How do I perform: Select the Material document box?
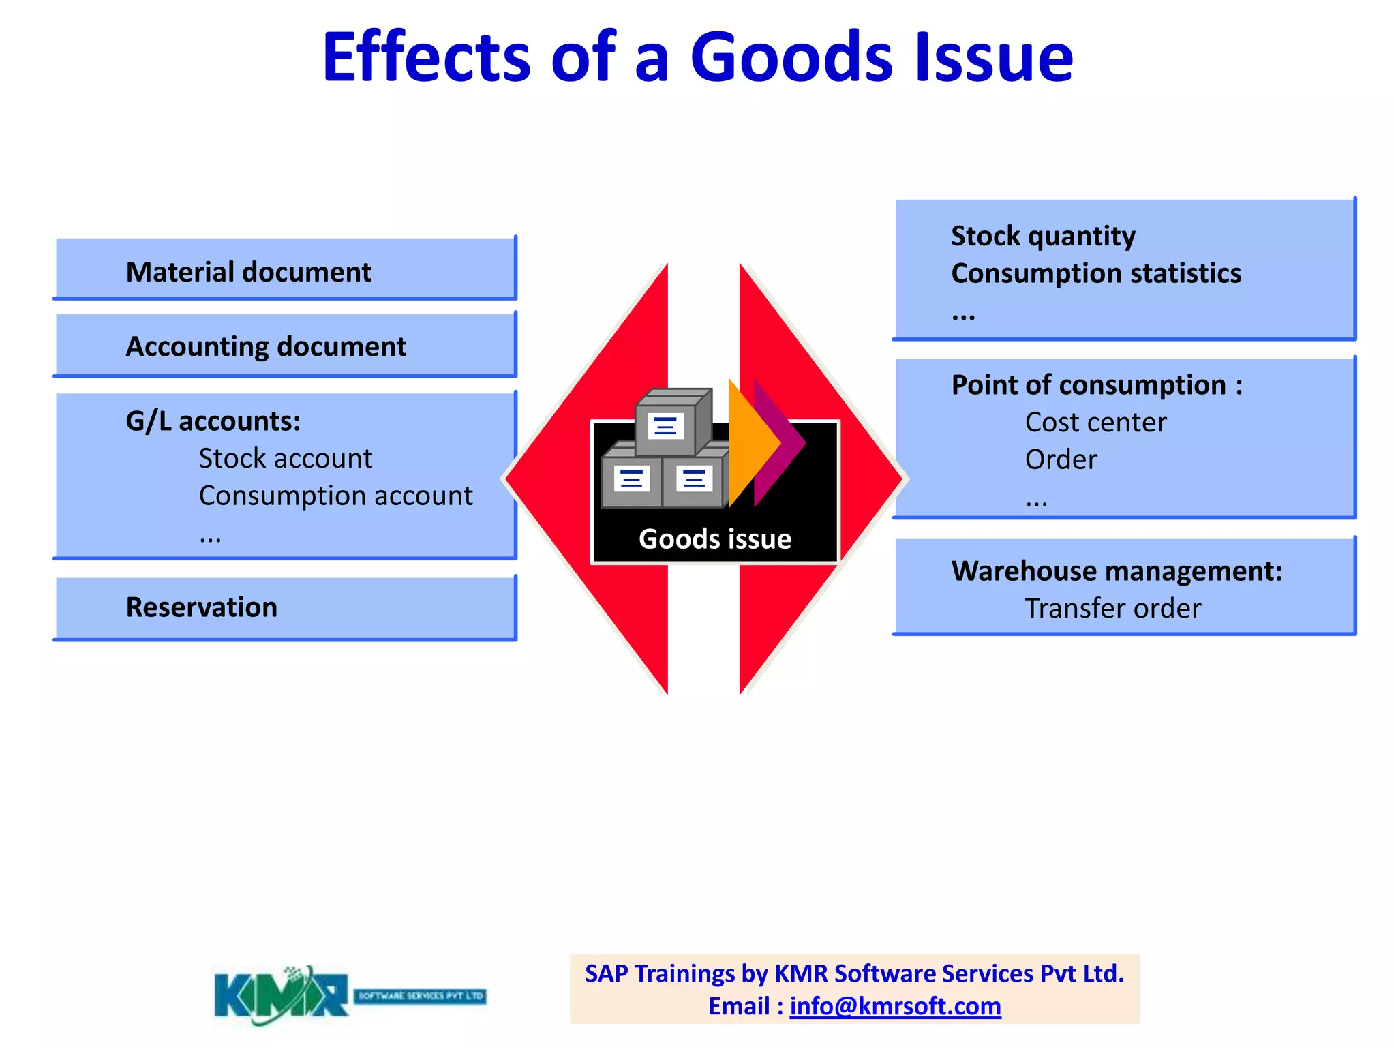[x=285, y=271]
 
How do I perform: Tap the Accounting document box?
[x=285, y=346]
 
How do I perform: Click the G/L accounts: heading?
[x=213, y=421]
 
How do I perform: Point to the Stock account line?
[x=285, y=459]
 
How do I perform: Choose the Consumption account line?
[x=335, y=496]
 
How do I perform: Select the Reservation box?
[x=285, y=607]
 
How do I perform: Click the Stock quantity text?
[x=1043, y=237]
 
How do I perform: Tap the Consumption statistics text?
[x=1095, y=273]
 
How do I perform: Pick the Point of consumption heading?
[x=1096, y=385]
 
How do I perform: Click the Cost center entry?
[x=1095, y=423]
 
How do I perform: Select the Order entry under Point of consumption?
[x=1061, y=459]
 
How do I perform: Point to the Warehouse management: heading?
[x=1117, y=571]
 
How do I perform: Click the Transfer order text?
[x=1112, y=608]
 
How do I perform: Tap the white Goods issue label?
[x=715, y=539]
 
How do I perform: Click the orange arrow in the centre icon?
[x=750, y=443]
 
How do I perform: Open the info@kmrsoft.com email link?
[x=895, y=1006]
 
